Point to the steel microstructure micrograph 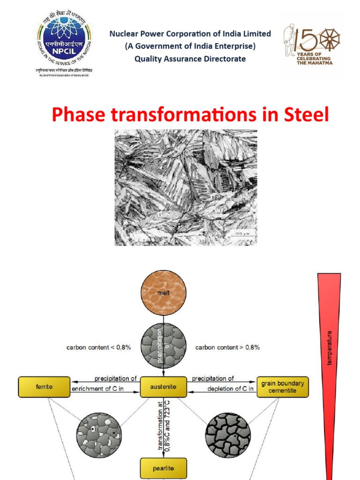pos(186,187)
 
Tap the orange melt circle pos(164,294)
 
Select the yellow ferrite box pos(45,387)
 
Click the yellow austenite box pos(164,387)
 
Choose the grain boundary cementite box pos(283,387)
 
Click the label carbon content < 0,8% pos(99,348)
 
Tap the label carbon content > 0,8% pos(227,348)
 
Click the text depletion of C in pos(230,389)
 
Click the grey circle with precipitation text pos(164,345)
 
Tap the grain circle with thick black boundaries pos(228,435)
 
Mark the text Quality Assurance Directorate pos(190,59)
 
